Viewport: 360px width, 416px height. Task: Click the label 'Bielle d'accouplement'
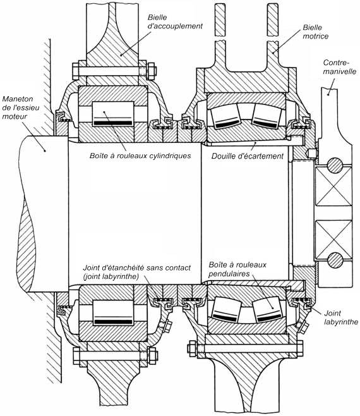[x=175, y=21]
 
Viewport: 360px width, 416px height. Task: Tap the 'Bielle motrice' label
[x=315, y=32]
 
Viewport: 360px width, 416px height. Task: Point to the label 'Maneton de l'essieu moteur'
[x=21, y=107]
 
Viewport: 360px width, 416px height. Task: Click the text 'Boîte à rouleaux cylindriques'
[x=140, y=156]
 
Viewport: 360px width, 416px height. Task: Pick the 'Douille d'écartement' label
[x=248, y=156]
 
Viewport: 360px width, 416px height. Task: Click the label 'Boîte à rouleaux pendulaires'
[x=237, y=269]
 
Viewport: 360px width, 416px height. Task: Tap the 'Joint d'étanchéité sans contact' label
[x=137, y=267]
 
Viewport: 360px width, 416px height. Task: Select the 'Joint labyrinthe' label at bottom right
[x=341, y=317]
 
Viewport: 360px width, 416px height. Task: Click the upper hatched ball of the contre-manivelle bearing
[x=335, y=165]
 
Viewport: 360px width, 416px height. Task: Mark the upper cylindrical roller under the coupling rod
[x=113, y=114]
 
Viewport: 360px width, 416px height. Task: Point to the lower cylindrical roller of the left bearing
[x=113, y=313]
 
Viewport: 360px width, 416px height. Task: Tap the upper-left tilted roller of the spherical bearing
[x=224, y=116]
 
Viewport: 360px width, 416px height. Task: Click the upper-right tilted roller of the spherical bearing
[x=267, y=116]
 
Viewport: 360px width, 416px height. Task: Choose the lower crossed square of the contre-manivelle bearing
[x=333, y=240]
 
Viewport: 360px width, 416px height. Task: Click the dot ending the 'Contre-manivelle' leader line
[x=328, y=94]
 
